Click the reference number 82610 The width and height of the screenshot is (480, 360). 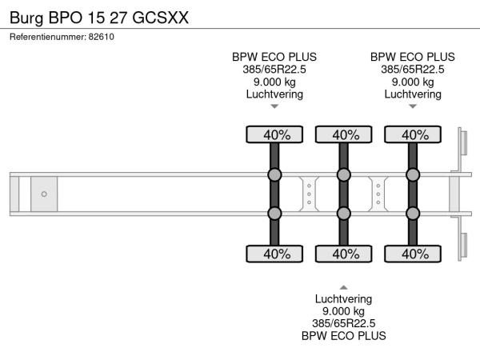coord(102,37)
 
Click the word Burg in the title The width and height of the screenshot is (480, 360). coord(26,18)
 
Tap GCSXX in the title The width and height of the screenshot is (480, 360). coord(161,18)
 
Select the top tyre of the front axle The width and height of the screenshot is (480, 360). coord(274,134)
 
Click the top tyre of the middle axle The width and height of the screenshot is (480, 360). coord(344,134)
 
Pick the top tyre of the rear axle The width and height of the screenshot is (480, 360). coord(413,134)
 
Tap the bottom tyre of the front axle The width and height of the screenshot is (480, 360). coord(274,254)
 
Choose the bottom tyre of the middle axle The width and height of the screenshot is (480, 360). coord(344,254)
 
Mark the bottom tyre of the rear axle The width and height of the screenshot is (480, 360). coord(413,254)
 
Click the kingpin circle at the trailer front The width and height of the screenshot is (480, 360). coord(44,194)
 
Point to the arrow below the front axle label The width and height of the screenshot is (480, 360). coord(274,106)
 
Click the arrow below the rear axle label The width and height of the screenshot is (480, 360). coord(413,106)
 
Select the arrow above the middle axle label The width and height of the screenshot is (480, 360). coord(343,287)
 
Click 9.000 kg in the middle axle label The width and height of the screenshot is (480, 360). coord(343,311)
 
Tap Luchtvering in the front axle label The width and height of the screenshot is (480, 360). coord(274,94)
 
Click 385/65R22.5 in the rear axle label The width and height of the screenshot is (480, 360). coord(413,70)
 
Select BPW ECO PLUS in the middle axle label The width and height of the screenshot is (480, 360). coord(343,336)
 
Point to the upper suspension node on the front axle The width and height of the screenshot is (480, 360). coord(274,174)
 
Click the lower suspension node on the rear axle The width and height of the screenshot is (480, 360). coord(413,214)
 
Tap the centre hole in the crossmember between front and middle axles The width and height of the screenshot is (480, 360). coord(309,194)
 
